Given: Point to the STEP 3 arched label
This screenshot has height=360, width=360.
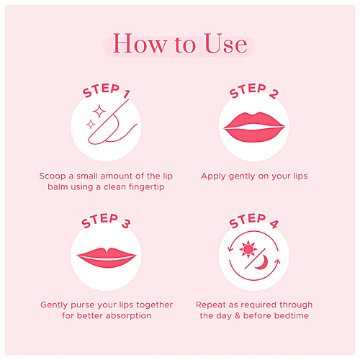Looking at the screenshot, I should point(106,224).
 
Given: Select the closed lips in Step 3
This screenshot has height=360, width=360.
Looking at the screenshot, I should point(106,258).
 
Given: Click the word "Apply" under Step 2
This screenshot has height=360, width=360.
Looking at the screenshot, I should point(215,176).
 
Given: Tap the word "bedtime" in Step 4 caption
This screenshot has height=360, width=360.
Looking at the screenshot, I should point(287,315).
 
